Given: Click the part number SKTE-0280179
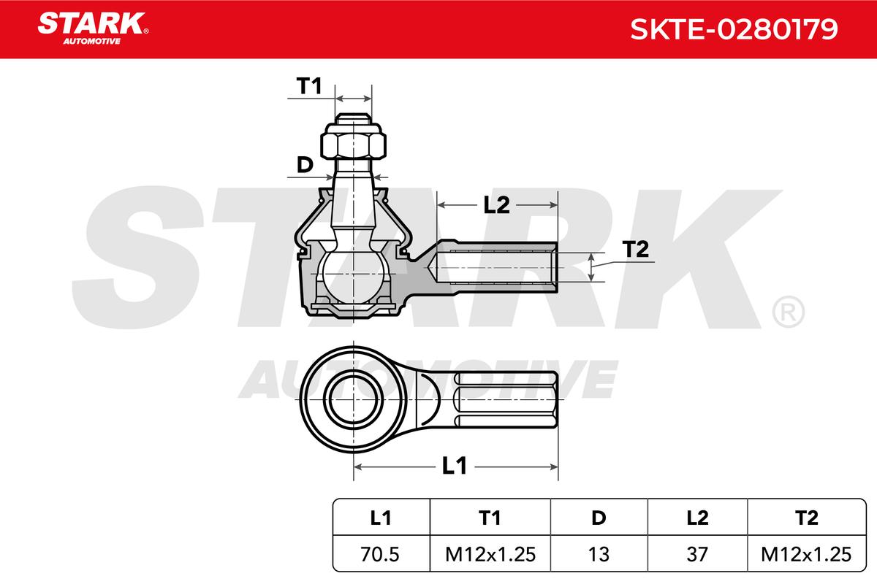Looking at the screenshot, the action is click(734, 29).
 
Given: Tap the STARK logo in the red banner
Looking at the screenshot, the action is click(93, 28).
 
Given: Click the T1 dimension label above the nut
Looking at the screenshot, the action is click(309, 85).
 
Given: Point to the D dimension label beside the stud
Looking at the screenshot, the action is click(305, 165).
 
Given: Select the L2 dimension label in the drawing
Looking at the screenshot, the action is click(496, 204).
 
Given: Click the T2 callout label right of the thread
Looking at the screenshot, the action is click(635, 249).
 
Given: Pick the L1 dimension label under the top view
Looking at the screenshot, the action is click(454, 466).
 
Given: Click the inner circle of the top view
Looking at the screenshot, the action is click(354, 399).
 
